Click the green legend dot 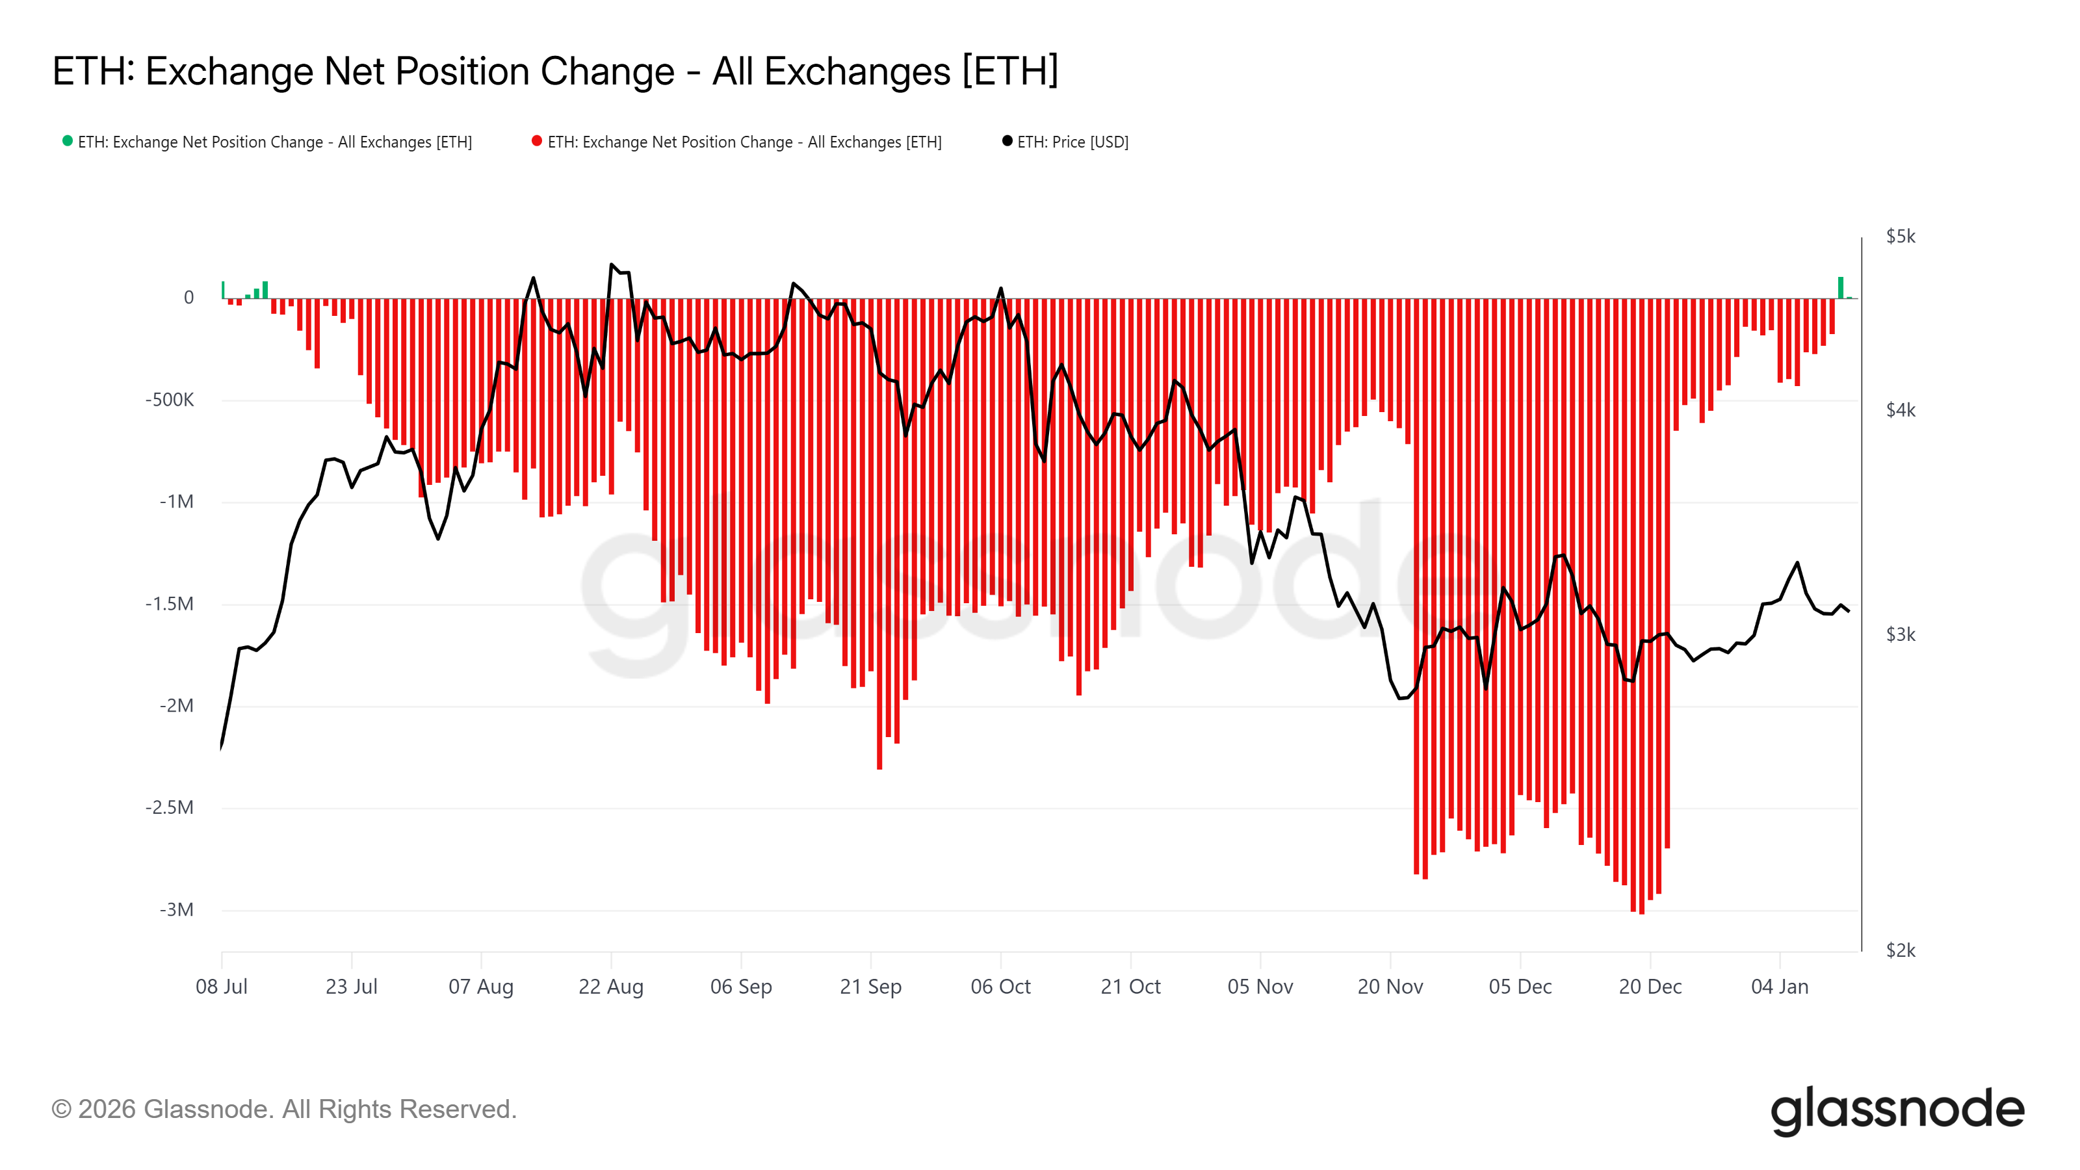(68, 141)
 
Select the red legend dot (537, 141)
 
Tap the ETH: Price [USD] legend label (1072, 142)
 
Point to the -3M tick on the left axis (176, 910)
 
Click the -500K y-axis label (170, 400)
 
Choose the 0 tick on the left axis (189, 297)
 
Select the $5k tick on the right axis (1900, 237)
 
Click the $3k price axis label (1900, 634)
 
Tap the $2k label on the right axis (1900, 950)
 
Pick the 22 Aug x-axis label (611, 987)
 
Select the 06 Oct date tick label (1000, 987)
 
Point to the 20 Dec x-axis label (1650, 987)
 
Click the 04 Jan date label (1780, 987)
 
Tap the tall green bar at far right (1841, 288)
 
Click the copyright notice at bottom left (283, 1110)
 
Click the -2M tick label (176, 706)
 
